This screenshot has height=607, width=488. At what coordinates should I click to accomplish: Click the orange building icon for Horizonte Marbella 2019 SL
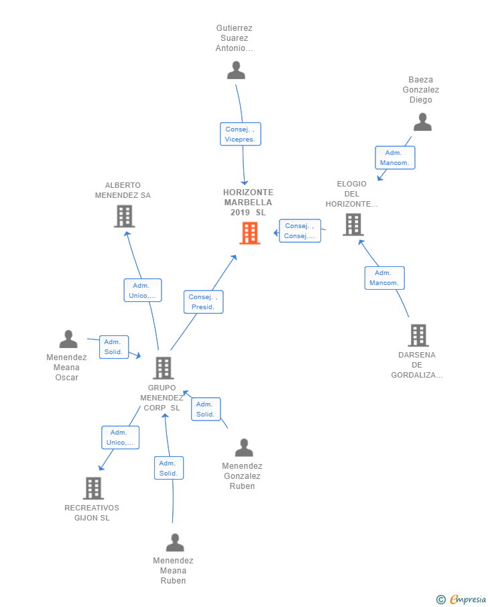tap(250, 233)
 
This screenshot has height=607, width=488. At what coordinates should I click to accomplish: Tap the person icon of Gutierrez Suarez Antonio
tap(236, 70)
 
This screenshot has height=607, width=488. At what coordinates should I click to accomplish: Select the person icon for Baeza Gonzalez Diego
tap(422, 122)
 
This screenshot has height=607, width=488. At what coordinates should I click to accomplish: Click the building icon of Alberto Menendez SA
tap(124, 217)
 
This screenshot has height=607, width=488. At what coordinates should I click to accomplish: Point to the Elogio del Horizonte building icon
tap(353, 225)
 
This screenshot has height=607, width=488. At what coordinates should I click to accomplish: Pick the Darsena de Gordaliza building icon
tap(418, 335)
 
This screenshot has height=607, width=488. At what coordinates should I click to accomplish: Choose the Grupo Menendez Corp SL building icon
tap(163, 368)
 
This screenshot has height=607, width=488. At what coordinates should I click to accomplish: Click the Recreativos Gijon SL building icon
tap(93, 488)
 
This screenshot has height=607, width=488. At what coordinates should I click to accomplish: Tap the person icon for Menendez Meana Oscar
tap(68, 339)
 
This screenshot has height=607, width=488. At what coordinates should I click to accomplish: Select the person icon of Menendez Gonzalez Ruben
tap(244, 447)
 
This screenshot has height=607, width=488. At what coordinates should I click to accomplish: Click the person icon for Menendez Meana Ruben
tap(175, 543)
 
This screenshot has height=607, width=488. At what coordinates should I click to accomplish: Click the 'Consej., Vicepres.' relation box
tap(240, 134)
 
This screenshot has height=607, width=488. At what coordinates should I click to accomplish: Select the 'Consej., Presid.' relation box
tap(203, 302)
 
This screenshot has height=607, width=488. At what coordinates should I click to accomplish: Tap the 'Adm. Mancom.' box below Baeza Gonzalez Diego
tap(395, 158)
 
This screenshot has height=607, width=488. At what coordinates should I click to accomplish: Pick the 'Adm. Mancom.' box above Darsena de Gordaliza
tap(384, 278)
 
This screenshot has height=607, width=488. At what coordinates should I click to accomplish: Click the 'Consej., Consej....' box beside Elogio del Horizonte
tap(300, 231)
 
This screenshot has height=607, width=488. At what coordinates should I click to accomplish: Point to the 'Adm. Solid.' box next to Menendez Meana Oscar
tap(113, 347)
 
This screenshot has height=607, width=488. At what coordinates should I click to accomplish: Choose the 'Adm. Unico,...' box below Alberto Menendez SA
tap(142, 290)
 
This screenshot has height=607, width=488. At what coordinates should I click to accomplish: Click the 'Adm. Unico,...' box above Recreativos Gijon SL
tap(121, 437)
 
